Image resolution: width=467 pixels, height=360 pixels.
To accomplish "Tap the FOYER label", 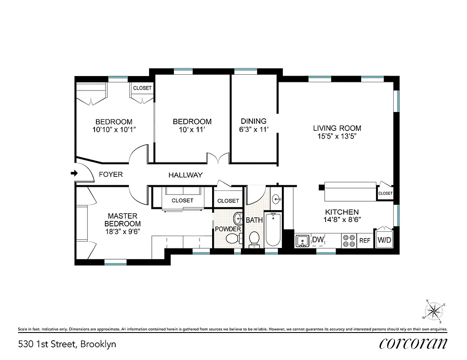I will click(x=110, y=175).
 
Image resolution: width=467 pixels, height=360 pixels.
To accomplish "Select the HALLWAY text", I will click(x=186, y=175).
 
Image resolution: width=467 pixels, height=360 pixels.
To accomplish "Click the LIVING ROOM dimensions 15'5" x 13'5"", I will click(x=337, y=137).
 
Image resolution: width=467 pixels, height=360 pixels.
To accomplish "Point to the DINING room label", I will click(x=254, y=121).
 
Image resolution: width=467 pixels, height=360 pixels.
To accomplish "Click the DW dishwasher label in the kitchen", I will click(x=318, y=240).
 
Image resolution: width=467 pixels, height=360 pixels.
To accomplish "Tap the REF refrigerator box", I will click(x=364, y=241).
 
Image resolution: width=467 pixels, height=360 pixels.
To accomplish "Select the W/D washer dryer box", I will click(x=384, y=240).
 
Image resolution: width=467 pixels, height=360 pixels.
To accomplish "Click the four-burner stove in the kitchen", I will click(x=349, y=241).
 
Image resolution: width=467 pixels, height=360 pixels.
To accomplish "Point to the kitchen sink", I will click(x=303, y=241).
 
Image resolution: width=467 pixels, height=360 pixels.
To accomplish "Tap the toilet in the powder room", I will click(x=233, y=238).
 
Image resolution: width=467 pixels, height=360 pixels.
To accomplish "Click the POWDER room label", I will click(x=227, y=229).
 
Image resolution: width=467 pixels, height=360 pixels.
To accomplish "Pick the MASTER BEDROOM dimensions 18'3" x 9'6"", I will click(x=122, y=231).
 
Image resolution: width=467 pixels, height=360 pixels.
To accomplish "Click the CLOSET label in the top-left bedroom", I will click(x=142, y=88).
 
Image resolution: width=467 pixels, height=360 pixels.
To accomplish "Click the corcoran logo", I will click(x=413, y=344).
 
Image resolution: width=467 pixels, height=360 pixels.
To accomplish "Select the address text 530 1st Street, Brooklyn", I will click(x=67, y=344).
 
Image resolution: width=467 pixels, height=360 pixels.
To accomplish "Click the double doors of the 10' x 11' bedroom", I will click(x=218, y=158).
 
